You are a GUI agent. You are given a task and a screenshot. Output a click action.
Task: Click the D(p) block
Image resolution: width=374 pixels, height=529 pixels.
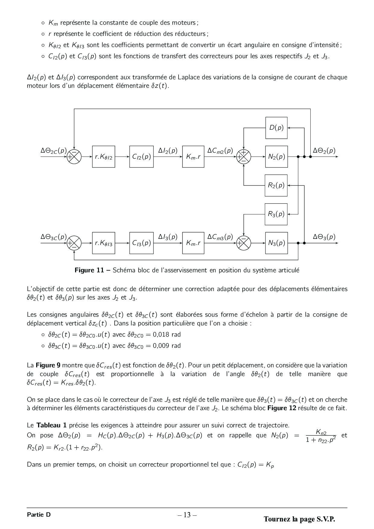(x=276, y=128)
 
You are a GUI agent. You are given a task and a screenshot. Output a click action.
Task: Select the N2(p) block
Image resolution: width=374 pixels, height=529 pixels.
(x=276, y=157)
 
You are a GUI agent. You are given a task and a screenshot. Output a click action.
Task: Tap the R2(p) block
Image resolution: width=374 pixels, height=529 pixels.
(x=276, y=185)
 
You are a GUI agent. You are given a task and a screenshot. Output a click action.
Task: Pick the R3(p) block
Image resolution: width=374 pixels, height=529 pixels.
(x=276, y=214)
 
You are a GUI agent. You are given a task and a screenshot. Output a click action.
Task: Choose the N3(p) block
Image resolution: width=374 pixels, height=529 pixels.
(x=276, y=243)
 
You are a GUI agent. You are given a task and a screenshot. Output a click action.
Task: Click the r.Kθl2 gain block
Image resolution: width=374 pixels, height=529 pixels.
(x=103, y=157)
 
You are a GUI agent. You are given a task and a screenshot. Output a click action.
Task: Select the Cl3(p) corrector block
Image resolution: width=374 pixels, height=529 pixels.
(x=141, y=243)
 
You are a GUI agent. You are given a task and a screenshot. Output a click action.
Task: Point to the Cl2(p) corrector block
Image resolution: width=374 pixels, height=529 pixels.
(x=141, y=157)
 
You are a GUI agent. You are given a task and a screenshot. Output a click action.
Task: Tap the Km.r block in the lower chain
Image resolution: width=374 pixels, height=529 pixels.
(x=193, y=243)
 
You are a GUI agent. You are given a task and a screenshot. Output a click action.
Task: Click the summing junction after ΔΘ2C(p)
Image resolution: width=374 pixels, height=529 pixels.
(x=74, y=157)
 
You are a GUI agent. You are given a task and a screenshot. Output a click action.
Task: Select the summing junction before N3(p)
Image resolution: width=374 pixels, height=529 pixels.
(x=244, y=243)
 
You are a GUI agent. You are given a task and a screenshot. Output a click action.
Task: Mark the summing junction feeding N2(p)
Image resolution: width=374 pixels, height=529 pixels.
(x=244, y=157)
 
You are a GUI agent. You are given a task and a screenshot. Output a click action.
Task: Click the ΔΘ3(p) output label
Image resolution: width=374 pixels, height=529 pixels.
(x=324, y=237)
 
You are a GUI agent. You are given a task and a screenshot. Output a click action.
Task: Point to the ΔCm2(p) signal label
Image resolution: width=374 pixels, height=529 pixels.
(x=220, y=150)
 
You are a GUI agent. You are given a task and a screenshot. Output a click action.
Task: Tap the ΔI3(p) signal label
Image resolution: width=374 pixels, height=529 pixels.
(x=168, y=237)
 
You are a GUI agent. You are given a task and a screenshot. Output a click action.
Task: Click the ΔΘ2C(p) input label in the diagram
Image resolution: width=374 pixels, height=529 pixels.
(x=54, y=150)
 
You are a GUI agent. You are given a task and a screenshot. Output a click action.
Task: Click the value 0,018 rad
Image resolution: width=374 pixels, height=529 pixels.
(x=167, y=334)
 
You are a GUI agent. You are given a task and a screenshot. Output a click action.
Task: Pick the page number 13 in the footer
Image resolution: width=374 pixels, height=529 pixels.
(x=187, y=515)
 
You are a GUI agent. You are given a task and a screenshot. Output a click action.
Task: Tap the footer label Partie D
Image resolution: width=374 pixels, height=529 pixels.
(x=39, y=515)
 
